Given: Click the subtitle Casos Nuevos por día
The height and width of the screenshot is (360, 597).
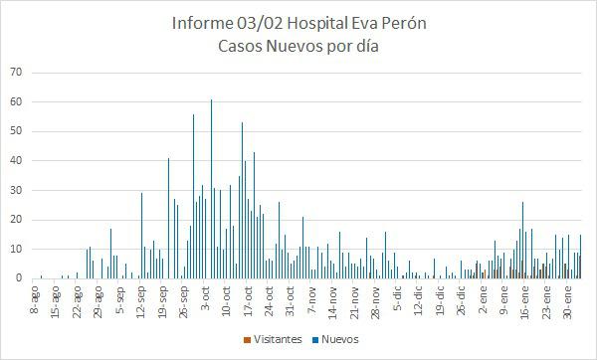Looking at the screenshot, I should click(x=298, y=45).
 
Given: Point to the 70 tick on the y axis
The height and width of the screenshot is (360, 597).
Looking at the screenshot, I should click(x=16, y=73).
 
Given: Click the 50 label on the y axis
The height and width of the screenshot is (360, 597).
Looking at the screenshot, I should click(x=16, y=131).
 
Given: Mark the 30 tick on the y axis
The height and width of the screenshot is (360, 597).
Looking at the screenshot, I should click(x=16, y=190).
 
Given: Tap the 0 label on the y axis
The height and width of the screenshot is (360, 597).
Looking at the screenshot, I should click(x=19, y=278).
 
